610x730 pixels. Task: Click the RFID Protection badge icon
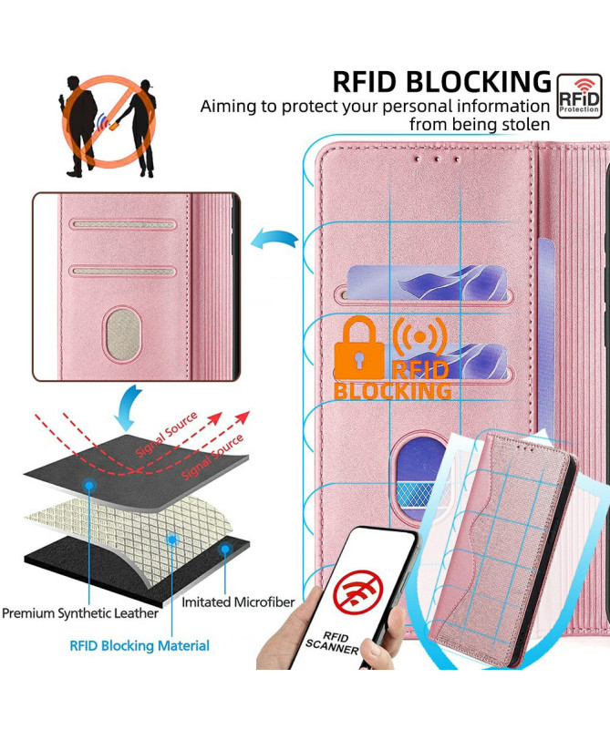tap(579, 96)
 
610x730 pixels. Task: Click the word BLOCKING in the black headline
tap(479, 82)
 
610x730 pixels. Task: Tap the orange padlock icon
tap(359, 348)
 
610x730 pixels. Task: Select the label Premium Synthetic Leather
tap(80, 613)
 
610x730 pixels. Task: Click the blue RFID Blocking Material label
tap(140, 646)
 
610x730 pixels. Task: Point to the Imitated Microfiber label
tap(238, 602)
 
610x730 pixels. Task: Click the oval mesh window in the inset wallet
tap(120, 334)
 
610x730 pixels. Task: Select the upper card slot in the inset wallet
tap(123, 224)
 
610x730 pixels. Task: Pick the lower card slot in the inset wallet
tap(123, 271)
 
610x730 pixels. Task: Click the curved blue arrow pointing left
tap(274, 239)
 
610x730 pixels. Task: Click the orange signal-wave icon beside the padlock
tap(420, 336)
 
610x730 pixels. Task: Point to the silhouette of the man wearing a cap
tap(140, 129)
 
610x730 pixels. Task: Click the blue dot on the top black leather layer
tap(89, 486)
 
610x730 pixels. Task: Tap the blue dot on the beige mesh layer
tap(172, 540)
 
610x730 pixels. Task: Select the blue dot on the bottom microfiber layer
tap(225, 550)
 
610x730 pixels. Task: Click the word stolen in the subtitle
tap(526, 124)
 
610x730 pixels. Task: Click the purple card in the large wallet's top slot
tap(427, 283)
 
